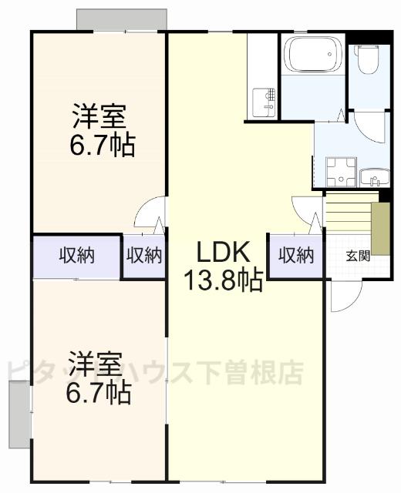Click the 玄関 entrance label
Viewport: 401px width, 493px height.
pos(357,255)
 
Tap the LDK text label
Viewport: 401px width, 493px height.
pos(222,252)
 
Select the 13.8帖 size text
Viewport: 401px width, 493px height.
pos(222,280)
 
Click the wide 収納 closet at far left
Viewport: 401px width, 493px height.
pos(77,255)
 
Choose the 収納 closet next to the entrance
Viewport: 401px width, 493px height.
pos(296,255)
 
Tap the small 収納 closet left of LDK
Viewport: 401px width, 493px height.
pos(144,255)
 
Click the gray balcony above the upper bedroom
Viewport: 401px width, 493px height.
pos(122,19)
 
